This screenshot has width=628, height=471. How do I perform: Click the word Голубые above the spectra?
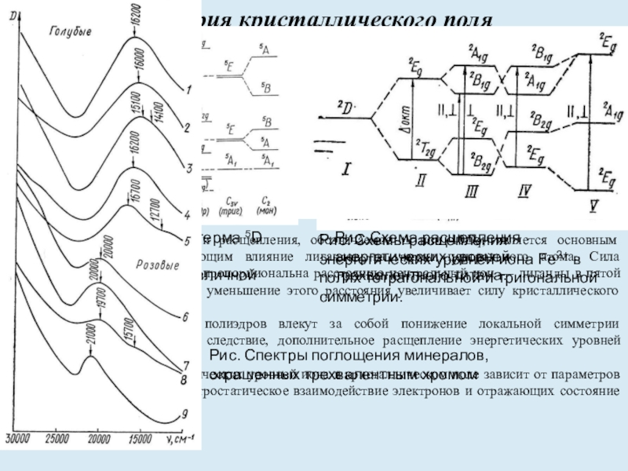[x=71, y=31]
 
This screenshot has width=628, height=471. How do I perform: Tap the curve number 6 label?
[x=184, y=317]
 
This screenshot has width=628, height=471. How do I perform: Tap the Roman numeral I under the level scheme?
[x=346, y=168]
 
